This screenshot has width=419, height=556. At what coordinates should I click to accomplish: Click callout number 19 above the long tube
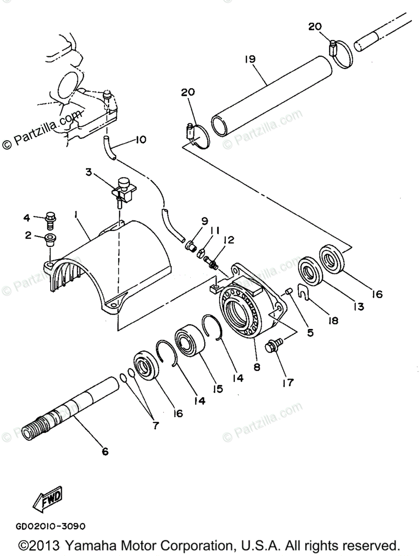tap(250, 59)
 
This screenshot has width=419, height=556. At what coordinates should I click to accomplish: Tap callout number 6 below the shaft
tap(105, 450)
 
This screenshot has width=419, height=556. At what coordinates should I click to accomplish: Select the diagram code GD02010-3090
tap(50, 526)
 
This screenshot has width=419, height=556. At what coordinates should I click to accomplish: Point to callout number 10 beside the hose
tap(140, 139)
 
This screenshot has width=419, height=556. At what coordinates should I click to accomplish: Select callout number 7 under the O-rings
tap(155, 425)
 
